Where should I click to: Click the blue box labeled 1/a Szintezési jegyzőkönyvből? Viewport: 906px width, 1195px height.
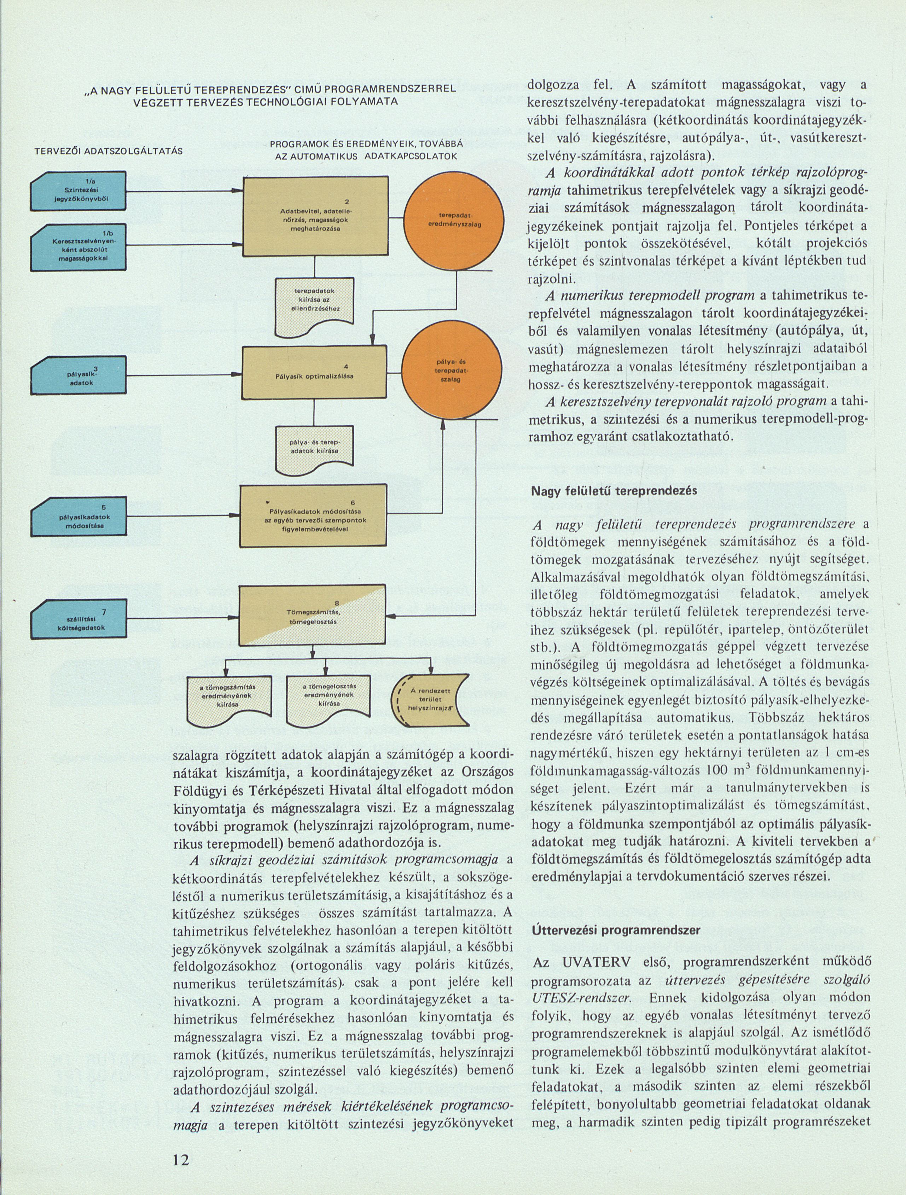pos(79,190)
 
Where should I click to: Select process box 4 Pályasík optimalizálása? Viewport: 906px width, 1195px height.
pos(314,372)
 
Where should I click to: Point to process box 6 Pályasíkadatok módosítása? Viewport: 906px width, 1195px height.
pos(313,515)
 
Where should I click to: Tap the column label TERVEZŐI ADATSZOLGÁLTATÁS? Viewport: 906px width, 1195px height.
pos(108,151)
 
